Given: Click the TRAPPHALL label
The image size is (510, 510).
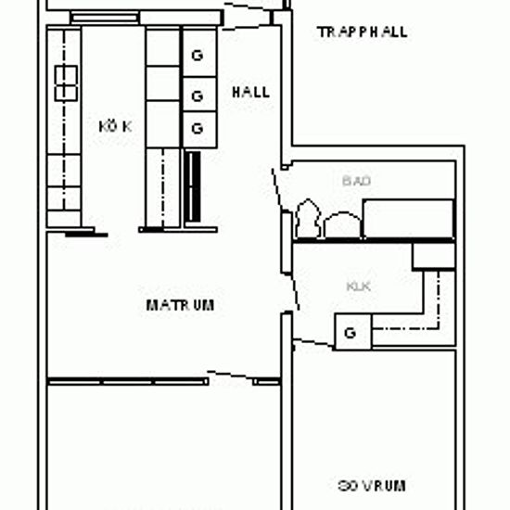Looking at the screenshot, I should (362, 32).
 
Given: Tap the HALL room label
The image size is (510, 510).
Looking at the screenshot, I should (250, 92).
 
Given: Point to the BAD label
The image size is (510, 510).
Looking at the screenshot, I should (356, 181).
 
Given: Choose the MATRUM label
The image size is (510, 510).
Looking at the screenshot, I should (181, 304).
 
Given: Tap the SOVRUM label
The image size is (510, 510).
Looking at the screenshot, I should (371, 485).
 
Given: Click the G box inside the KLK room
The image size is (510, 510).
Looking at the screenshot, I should (351, 331).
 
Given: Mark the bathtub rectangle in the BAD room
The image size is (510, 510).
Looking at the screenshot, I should (408, 218).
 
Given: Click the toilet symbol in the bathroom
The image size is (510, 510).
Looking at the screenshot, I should (307, 221).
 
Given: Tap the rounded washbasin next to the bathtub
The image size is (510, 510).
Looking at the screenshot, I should (340, 223).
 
